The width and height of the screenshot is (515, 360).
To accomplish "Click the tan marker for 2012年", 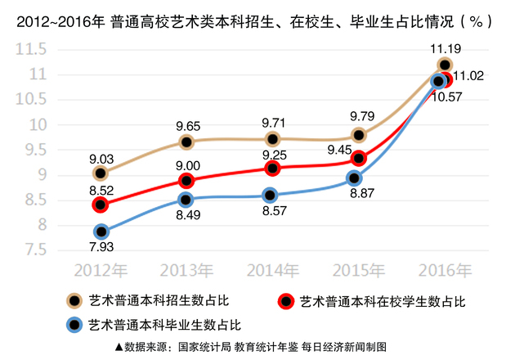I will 101,173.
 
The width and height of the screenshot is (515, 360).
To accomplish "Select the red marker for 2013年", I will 186,181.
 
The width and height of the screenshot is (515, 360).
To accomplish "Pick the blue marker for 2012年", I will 101,232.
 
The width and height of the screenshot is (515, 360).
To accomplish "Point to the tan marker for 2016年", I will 445,65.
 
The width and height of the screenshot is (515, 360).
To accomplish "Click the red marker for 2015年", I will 358,158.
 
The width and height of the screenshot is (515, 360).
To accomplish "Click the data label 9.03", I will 101,155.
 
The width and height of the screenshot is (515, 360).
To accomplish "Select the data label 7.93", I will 101,250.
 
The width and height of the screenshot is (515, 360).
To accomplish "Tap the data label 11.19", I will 445,47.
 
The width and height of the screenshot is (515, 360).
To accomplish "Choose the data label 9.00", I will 186,164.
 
